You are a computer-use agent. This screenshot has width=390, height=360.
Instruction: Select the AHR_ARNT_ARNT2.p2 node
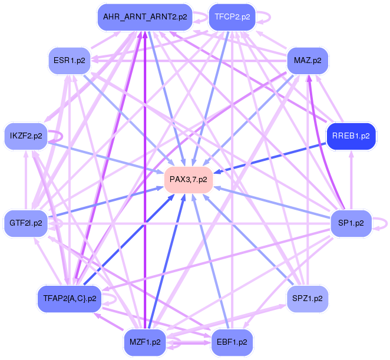(x=145, y=17)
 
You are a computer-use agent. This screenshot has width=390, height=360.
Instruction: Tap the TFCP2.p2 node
(x=232, y=17)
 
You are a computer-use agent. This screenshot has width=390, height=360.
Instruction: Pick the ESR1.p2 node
(x=69, y=60)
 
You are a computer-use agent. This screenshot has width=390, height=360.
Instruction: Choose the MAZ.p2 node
(x=308, y=60)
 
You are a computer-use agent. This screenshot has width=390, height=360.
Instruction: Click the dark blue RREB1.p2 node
(x=351, y=136)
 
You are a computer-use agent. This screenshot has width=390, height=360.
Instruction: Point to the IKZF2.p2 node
(x=26, y=136)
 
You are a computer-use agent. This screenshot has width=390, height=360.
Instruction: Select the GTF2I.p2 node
(x=26, y=223)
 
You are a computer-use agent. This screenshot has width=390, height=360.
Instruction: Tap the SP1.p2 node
(x=351, y=223)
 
